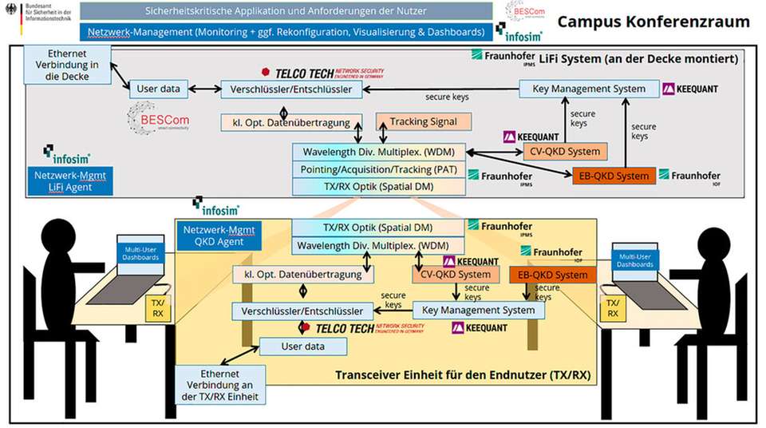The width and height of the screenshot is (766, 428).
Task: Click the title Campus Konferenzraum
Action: [x=653, y=22]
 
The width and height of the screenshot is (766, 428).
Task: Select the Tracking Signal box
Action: [x=423, y=122]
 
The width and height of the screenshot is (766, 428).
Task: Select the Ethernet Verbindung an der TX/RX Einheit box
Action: [x=220, y=384]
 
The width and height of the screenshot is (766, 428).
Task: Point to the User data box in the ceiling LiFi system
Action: [x=159, y=89]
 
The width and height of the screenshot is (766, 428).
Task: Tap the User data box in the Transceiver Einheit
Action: [x=302, y=347]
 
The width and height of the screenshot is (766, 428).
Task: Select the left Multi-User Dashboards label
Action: [x=140, y=252]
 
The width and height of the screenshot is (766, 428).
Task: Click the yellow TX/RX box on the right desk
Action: [x=612, y=309]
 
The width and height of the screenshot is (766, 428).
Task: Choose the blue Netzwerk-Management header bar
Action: [x=286, y=33]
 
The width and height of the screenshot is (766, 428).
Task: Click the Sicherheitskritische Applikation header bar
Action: [x=286, y=12]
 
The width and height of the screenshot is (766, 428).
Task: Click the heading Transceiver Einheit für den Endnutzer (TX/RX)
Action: [x=462, y=374]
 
